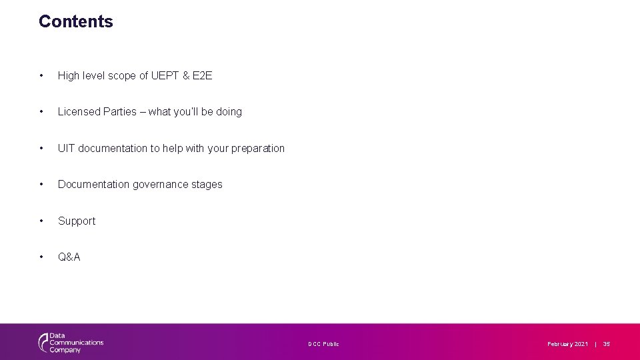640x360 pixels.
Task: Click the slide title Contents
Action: click(x=76, y=21)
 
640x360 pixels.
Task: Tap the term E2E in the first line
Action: click(x=202, y=76)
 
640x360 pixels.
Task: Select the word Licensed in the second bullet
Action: click(x=79, y=112)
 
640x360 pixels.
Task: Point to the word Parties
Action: click(x=120, y=112)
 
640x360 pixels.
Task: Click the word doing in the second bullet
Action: click(x=229, y=112)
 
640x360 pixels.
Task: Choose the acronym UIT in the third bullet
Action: click(x=66, y=149)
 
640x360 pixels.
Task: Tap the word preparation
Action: click(x=258, y=149)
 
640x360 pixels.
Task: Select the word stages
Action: click(x=207, y=185)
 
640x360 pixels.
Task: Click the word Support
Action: click(x=77, y=221)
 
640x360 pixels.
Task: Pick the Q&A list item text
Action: click(x=69, y=257)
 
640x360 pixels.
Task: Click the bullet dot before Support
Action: click(x=42, y=221)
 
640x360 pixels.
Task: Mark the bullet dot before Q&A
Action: click(x=42, y=257)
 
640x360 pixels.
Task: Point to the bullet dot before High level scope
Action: click(x=42, y=76)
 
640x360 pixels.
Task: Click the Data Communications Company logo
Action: click(x=71, y=343)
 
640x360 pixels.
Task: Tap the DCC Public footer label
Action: click(x=323, y=344)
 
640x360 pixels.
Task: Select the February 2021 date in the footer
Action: click(x=567, y=344)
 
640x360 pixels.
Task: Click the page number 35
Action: click(x=607, y=344)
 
